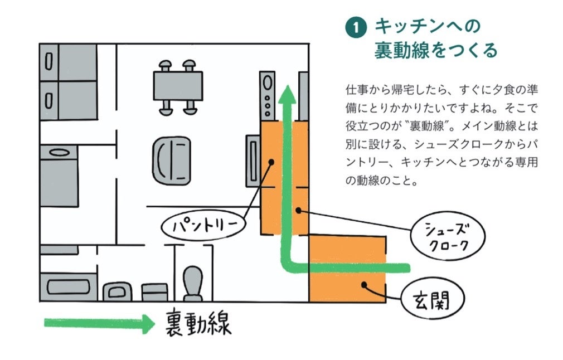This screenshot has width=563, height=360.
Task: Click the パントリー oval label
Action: point(203,226)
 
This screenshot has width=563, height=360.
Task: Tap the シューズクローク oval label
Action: point(448,236)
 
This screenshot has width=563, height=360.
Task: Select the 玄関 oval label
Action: point(433,299)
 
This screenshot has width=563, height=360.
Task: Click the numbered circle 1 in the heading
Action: point(356,28)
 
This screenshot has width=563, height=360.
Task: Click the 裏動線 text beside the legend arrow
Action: point(198,323)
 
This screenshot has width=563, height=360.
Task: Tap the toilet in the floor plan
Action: point(193,283)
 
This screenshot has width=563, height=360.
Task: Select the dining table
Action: point(178,86)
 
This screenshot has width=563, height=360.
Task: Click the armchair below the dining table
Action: point(172,160)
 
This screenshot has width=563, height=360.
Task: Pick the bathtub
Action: point(68,286)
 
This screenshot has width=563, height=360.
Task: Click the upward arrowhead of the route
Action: point(287,94)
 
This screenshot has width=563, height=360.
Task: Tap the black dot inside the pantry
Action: point(271,162)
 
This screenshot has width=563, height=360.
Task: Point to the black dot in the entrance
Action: point(364,285)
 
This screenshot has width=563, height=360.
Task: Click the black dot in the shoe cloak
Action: point(299,210)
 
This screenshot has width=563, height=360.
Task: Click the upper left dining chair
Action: point(165,66)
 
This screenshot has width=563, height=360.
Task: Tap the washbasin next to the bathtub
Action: point(118,291)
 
